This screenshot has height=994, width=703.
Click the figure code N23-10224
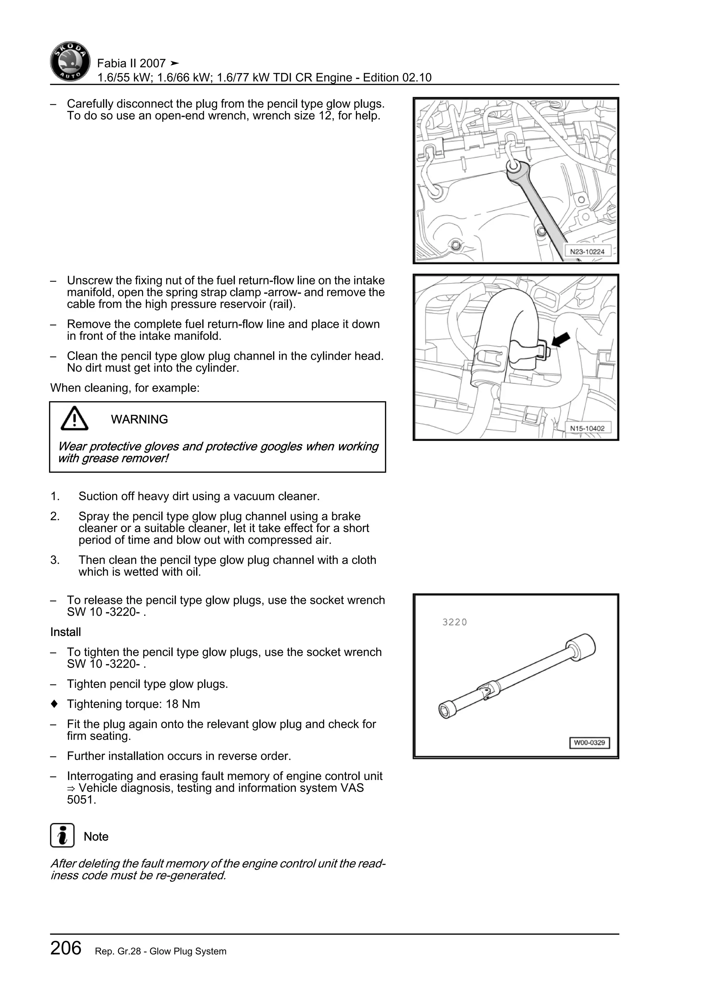pyautogui.click(x=587, y=252)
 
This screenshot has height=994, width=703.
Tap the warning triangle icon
pyautogui.click(x=74, y=419)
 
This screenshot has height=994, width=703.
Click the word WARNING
pyautogui.click(x=139, y=419)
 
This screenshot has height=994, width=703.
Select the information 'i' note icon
pyautogui.click(x=62, y=835)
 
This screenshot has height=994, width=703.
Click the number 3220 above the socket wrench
pyautogui.click(x=454, y=622)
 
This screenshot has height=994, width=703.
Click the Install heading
pyautogui.click(x=65, y=632)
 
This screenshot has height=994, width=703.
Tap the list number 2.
pyautogui.click(x=55, y=517)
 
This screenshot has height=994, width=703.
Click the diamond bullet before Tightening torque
pyautogui.click(x=54, y=704)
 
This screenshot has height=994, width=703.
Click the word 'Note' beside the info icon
pyautogui.click(x=96, y=836)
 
